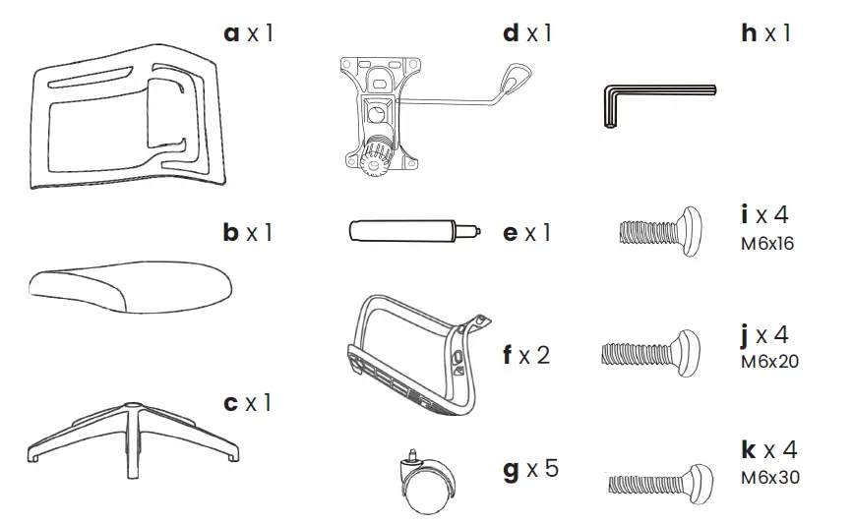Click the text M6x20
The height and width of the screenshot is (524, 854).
769,361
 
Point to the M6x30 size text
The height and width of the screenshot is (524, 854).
769,477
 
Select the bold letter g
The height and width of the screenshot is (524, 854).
511,469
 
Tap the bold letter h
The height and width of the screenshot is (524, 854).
750,33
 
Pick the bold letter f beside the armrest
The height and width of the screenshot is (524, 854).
509,354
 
